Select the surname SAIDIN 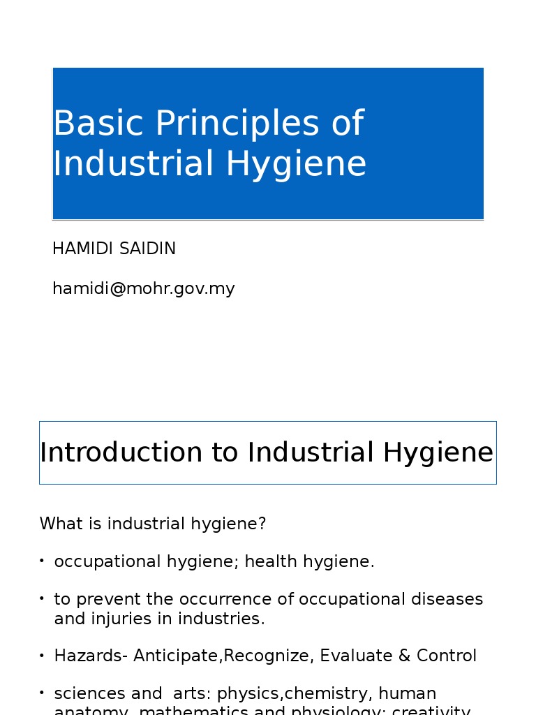coord(147,249)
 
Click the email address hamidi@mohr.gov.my coord(143,288)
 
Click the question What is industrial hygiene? coord(153,524)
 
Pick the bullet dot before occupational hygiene coord(42,561)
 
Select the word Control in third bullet coord(447,656)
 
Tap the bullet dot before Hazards coord(42,655)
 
